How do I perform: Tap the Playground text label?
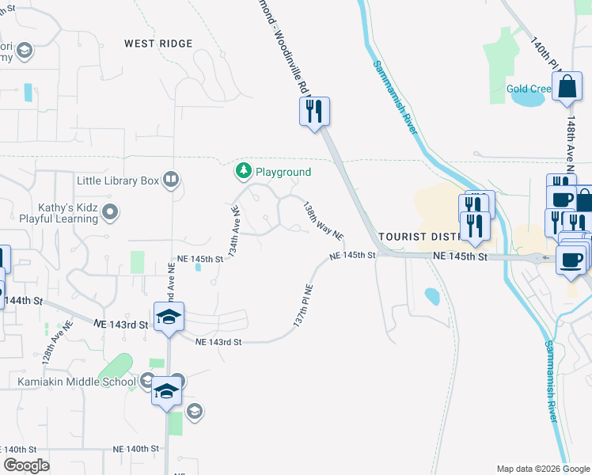(x=283, y=172)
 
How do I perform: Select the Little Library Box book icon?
(x=170, y=180)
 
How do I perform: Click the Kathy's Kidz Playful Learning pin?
(x=111, y=211)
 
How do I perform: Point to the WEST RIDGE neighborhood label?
(x=158, y=44)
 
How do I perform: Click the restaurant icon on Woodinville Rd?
(x=314, y=110)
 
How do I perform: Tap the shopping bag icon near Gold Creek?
(x=568, y=86)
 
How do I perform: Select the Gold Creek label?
(x=529, y=89)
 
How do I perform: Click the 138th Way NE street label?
(x=323, y=220)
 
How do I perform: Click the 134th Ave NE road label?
(x=234, y=230)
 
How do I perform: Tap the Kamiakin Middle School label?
(x=77, y=382)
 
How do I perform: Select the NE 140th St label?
(x=126, y=448)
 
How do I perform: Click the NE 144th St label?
(x=21, y=301)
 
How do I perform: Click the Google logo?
(x=26, y=465)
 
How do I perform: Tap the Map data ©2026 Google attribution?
(x=542, y=469)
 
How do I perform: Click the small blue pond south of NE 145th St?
(x=431, y=297)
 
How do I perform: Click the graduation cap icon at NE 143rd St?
(x=169, y=317)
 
